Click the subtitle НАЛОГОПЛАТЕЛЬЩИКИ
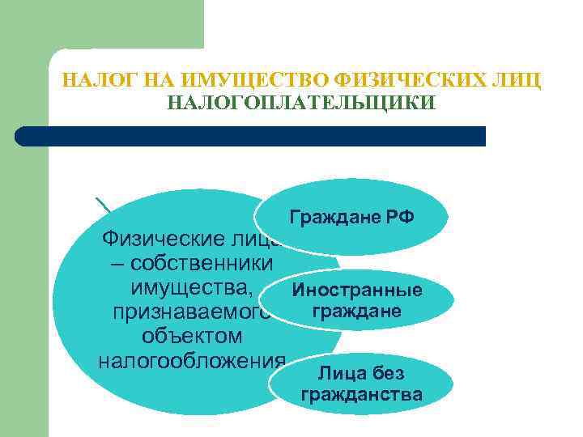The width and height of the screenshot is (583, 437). (301, 104)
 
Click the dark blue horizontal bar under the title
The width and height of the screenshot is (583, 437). (251, 136)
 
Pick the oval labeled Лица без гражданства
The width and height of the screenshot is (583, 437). (361, 385)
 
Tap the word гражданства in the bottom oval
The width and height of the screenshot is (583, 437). (361, 396)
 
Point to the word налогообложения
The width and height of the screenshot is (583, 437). (191, 359)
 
